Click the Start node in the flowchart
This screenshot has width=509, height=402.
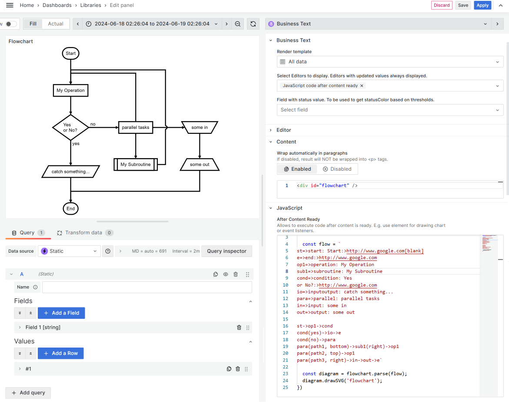coord(70,54)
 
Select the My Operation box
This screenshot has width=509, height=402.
coord(70,91)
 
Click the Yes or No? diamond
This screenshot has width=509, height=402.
coord(70,128)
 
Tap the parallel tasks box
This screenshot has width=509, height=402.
coord(136,128)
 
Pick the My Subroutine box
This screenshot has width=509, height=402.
coord(136,165)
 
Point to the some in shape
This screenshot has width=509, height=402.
coord(200,128)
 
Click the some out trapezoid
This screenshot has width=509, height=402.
coord(200,165)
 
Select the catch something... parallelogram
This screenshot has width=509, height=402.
coord(70,172)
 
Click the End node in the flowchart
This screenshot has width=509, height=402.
coord(70,209)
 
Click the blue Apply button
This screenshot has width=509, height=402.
coord(482,5)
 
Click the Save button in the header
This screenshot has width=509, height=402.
coord(463,5)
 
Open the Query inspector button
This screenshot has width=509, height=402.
coord(226,251)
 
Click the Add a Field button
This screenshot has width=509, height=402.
coord(61,313)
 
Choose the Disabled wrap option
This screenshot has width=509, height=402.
coord(337,169)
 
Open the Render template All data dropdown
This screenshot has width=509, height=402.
coord(390,62)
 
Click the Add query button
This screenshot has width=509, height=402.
coord(28,393)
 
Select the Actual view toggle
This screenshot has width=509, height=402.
coord(56,24)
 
